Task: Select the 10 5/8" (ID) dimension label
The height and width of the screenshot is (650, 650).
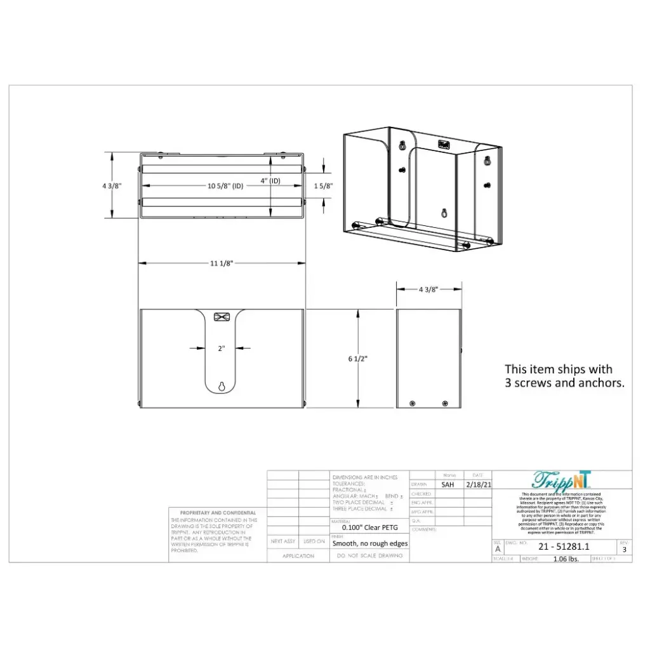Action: (226, 185)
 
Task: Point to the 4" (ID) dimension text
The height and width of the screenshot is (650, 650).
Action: (270, 180)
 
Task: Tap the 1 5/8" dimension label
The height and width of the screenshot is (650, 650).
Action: (323, 185)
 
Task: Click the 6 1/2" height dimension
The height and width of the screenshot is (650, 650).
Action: (357, 359)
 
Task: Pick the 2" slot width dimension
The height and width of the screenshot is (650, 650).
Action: (222, 348)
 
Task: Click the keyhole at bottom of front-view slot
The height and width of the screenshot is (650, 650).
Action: (222, 387)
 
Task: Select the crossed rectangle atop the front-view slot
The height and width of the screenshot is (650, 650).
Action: (222, 317)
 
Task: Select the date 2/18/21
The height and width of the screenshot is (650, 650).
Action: (478, 484)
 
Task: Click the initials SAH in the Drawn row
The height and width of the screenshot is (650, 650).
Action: (448, 484)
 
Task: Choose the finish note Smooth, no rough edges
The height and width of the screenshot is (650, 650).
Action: (369, 543)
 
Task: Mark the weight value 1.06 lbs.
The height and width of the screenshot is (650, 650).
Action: (566, 559)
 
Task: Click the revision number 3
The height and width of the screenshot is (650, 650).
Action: (624, 550)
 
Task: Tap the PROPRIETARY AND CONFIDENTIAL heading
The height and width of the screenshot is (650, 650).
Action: (218, 512)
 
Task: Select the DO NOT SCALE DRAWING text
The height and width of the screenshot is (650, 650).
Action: (369, 555)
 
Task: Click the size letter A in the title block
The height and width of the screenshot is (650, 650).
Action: (498, 550)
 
